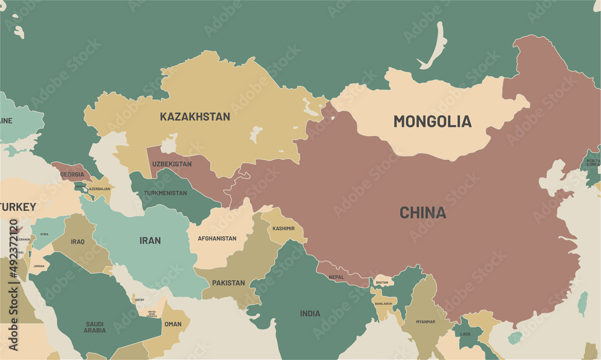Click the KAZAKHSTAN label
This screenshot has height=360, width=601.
tap(195, 117)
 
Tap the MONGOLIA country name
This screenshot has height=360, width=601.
tap(432, 121)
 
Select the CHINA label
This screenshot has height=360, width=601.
tap(423, 213)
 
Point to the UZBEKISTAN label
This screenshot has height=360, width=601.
tap(172, 164)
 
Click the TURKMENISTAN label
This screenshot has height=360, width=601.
tap(165, 193)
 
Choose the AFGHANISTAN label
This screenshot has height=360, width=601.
tap(217, 239)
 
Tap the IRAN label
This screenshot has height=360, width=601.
tap(150, 240)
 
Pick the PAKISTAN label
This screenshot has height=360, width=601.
tap(228, 282)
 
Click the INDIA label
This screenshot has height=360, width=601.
tap(310, 313)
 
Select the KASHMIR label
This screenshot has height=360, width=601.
tap(284, 228)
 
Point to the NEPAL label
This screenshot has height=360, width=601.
tap(337, 277)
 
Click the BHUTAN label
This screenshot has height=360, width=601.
tap(383, 282)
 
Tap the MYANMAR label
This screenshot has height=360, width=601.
tap(426, 322)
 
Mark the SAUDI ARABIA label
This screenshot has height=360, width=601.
tap(95, 327)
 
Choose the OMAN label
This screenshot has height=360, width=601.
tap(173, 324)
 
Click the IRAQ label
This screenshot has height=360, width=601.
tap(78, 242)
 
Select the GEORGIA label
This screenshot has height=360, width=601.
tap(72, 174)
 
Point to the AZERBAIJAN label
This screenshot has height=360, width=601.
tap(99, 189)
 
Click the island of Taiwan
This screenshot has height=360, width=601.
tap(582, 304)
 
